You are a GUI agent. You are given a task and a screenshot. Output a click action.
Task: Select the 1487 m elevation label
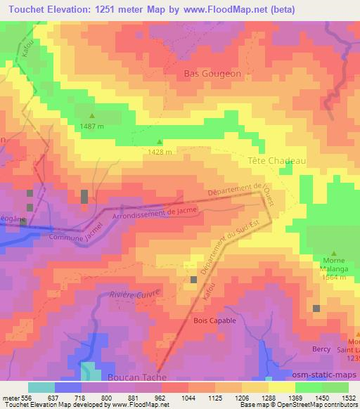pyautogui.click(x=91, y=126)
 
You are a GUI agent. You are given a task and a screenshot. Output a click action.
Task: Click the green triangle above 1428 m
pyautogui.click(x=159, y=141)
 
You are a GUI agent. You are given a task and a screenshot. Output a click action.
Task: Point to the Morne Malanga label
pyautogui.click(x=334, y=266)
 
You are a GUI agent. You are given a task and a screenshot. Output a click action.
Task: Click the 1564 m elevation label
pyautogui.click(x=334, y=277)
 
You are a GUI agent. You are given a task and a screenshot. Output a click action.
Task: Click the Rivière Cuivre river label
pyautogui.click(x=135, y=294)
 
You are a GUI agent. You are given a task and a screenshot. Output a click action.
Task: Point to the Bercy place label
pyautogui.click(x=321, y=348)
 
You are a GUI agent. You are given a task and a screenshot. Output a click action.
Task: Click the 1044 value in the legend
pyautogui.click(x=188, y=398)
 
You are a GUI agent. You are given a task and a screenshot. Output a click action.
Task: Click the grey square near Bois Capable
pyautogui.click(x=194, y=280)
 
